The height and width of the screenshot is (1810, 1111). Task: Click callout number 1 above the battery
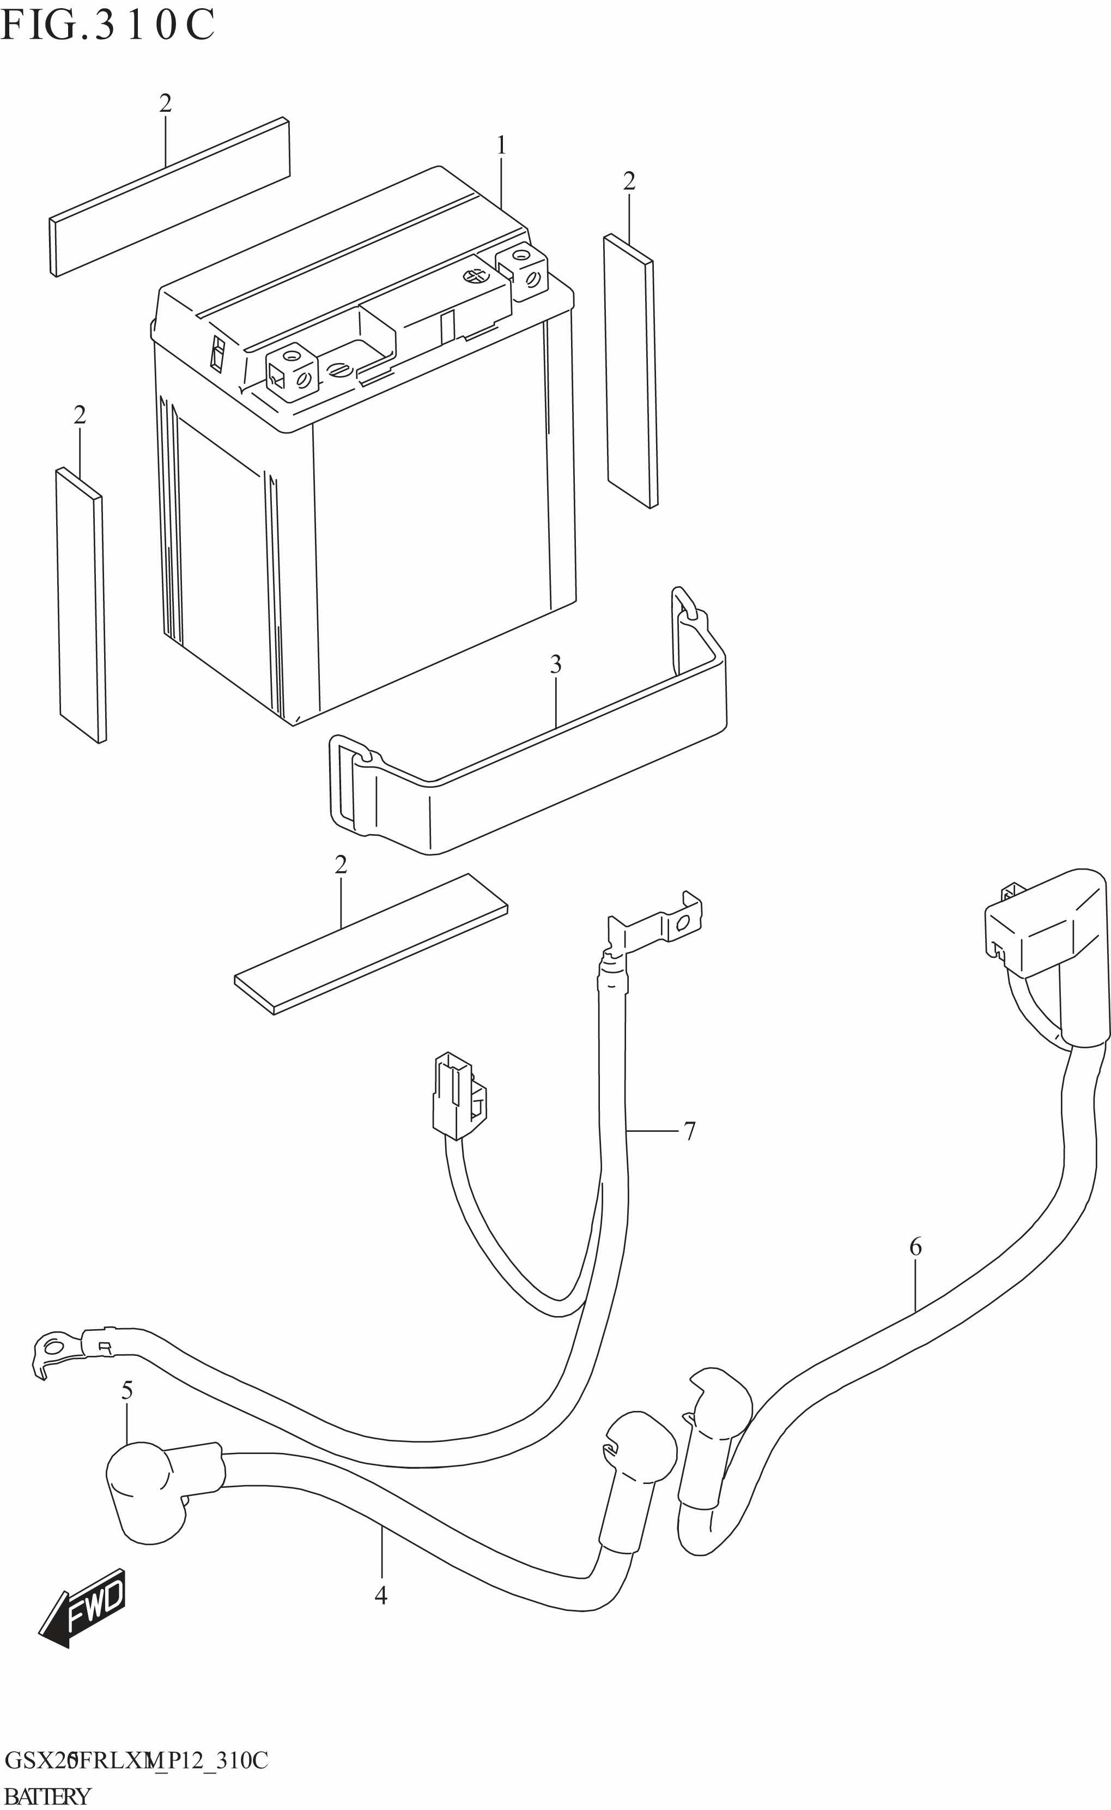pos(501,146)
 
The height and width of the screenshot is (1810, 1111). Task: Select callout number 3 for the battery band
pos(556,665)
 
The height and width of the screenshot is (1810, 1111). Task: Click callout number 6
pos(915,1247)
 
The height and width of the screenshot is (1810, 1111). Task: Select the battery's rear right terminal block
pos(521,272)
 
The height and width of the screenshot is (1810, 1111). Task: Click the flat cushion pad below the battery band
pos(371,945)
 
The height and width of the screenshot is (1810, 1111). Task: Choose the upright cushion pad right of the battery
pos(630,371)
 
